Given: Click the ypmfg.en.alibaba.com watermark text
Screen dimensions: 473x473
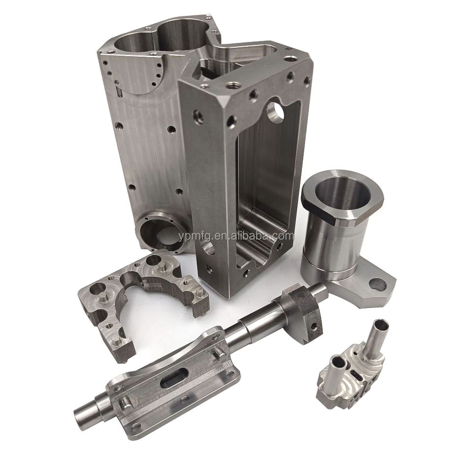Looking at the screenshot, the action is pos(236,236).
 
